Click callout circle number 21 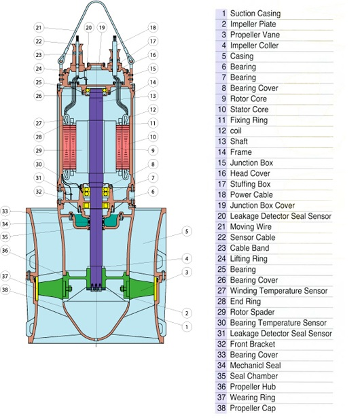click(39, 28)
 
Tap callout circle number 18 click(153, 28)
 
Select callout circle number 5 click(187, 232)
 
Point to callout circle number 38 click(5, 290)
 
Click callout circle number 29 click(39, 151)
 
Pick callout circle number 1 click(187, 327)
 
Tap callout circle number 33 click(5, 211)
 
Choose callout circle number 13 click(153, 96)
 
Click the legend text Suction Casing click(255, 14)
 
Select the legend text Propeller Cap click(253, 408)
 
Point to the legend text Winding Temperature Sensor click(278, 291)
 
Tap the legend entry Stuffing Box click(250, 184)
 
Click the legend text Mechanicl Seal click(255, 366)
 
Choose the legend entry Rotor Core click(249, 99)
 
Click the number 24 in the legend click(221, 259)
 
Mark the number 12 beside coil click(222, 131)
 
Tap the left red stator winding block click(69, 147)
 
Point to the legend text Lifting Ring click(249, 259)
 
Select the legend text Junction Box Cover click(262, 205)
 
